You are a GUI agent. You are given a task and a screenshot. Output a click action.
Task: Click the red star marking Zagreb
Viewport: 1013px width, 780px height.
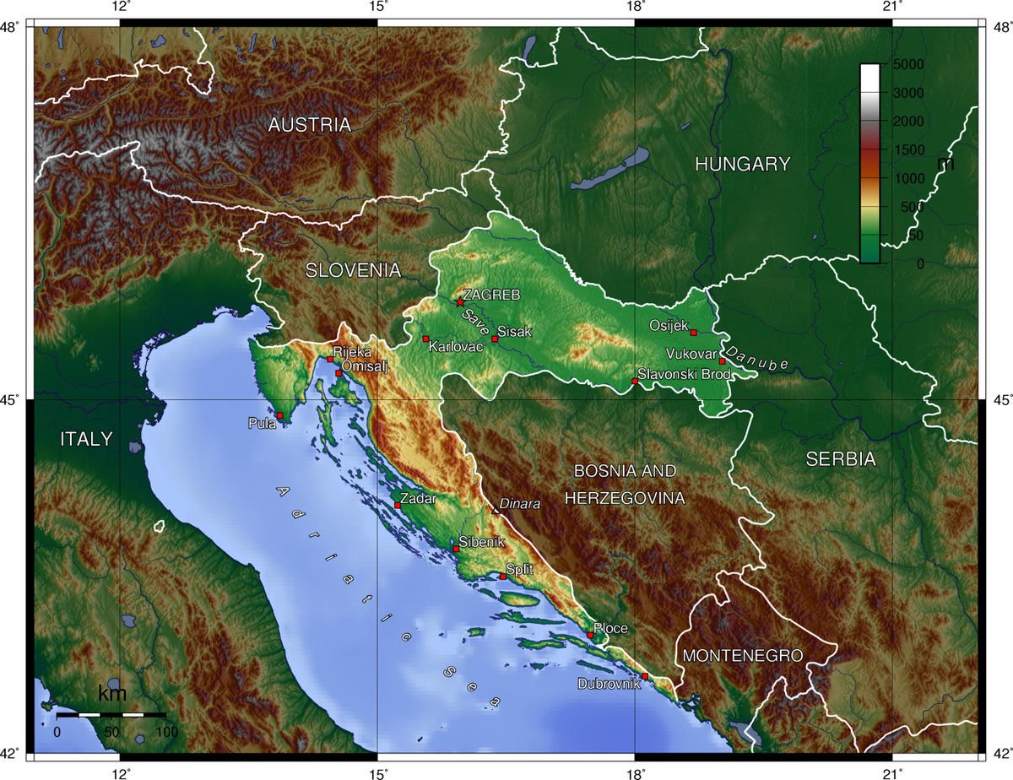[459, 302]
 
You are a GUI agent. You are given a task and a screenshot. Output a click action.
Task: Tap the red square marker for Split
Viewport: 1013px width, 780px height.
[503, 577]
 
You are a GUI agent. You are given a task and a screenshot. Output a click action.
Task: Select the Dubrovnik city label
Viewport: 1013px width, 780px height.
[609, 684]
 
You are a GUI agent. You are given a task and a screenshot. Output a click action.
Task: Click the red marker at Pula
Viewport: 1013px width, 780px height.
[279, 415]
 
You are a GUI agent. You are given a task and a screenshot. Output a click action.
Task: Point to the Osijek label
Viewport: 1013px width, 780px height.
[669, 325]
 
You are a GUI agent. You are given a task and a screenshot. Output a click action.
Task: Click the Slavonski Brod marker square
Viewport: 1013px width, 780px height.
[635, 382]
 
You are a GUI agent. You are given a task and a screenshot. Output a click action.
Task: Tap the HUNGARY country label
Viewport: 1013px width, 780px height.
[742, 165]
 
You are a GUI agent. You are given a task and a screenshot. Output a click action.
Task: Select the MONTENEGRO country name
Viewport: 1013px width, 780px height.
[742, 655]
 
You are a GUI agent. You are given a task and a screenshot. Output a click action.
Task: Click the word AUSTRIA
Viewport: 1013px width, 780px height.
[309, 125]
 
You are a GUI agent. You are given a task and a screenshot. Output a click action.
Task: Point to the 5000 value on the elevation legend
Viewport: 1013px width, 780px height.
[908, 65]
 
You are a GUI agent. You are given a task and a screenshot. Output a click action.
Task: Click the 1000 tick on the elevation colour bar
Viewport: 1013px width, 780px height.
[908, 178]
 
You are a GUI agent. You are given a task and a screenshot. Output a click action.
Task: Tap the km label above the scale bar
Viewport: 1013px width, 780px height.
[112, 695]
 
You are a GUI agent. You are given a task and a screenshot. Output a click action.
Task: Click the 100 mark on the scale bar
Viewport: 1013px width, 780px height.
[166, 731]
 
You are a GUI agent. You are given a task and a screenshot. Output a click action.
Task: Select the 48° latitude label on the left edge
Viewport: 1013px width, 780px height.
[14, 27]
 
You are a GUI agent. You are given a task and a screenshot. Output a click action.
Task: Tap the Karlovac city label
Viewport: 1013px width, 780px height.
[455, 346]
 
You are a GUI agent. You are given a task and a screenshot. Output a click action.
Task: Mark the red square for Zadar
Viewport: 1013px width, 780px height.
[398, 506]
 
